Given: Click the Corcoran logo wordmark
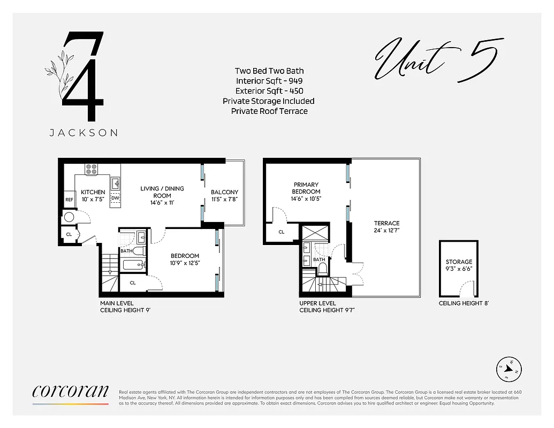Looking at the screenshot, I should coord(71,392).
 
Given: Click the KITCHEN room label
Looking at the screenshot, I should coord(93,192).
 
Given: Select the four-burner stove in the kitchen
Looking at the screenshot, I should coord(92,169).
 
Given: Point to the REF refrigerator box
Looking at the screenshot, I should coord(69,200).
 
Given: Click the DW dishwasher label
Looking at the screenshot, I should coord(115,198).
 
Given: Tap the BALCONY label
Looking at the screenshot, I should coord(224,192).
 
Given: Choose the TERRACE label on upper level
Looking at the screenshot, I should coord(386,223).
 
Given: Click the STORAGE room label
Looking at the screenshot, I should coord(459,262).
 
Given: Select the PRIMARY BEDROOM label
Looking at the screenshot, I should coord(306,188).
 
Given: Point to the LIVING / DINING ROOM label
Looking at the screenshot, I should coord(162,192).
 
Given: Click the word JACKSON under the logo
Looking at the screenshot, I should coord(84,133).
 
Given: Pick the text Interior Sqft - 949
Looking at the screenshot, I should coord(269,81).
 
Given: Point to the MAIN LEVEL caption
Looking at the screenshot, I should coord(117,303).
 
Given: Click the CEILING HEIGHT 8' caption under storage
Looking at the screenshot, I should coord(464,303).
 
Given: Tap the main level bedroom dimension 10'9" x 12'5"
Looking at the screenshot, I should coord(185,263).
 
